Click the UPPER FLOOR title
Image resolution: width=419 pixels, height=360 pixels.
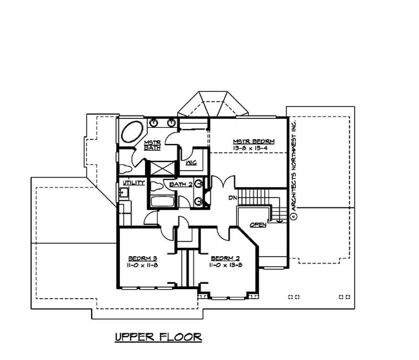click(158, 336)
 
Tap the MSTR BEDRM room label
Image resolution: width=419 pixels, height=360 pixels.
click(253, 141)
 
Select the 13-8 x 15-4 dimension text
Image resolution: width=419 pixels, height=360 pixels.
click(253, 149)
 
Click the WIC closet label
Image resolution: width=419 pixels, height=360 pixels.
click(191, 163)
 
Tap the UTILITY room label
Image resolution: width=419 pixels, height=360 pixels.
click(134, 182)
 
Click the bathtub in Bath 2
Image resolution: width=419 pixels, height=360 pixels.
click(163, 201)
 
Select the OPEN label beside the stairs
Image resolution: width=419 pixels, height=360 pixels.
click(258, 224)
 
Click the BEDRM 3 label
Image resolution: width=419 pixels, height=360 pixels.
click(143, 258)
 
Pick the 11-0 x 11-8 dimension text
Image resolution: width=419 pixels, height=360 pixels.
click(143, 266)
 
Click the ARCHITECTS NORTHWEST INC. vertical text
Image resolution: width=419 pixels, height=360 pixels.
click(294, 166)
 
